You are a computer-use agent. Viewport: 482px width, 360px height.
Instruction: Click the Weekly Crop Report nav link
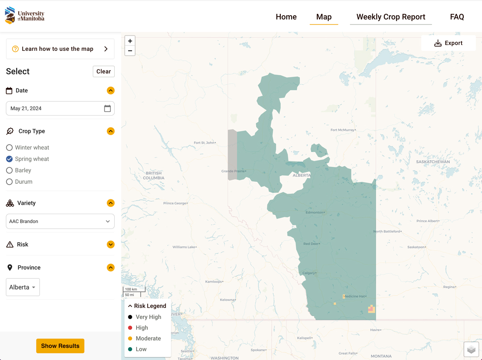[x=391, y=17]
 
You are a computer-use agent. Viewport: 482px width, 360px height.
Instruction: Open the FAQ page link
[x=457, y=17]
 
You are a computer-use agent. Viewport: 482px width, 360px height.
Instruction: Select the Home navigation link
[x=286, y=17]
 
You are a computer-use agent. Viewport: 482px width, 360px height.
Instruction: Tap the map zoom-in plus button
[x=130, y=41]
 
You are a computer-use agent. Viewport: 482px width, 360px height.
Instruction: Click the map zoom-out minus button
[x=130, y=51]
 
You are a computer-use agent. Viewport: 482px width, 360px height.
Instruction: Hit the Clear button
[x=104, y=71]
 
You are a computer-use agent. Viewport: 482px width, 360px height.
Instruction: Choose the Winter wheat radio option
[x=9, y=148]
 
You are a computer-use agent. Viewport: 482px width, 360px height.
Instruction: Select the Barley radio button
[x=9, y=170]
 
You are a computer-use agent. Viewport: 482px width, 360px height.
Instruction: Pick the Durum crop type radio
[x=9, y=182]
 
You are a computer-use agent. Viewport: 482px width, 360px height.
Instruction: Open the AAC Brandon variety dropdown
[x=60, y=221]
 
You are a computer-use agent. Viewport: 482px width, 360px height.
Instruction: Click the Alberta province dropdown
[x=23, y=287]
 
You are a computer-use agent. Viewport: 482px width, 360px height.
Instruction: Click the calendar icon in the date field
[x=107, y=108]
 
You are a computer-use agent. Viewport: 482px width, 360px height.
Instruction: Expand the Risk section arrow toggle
[x=111, y=244]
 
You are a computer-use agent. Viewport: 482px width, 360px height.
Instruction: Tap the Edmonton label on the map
[x=315, y=212]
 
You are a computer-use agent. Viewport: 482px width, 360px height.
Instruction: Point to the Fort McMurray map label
[x=342, y=130]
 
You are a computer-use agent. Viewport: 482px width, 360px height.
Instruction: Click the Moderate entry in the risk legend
[x=148, y=339]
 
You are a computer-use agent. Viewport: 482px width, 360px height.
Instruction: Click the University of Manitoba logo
[x=25, y=16]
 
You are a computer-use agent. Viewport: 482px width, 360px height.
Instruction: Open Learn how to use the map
[x=60, y=49]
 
